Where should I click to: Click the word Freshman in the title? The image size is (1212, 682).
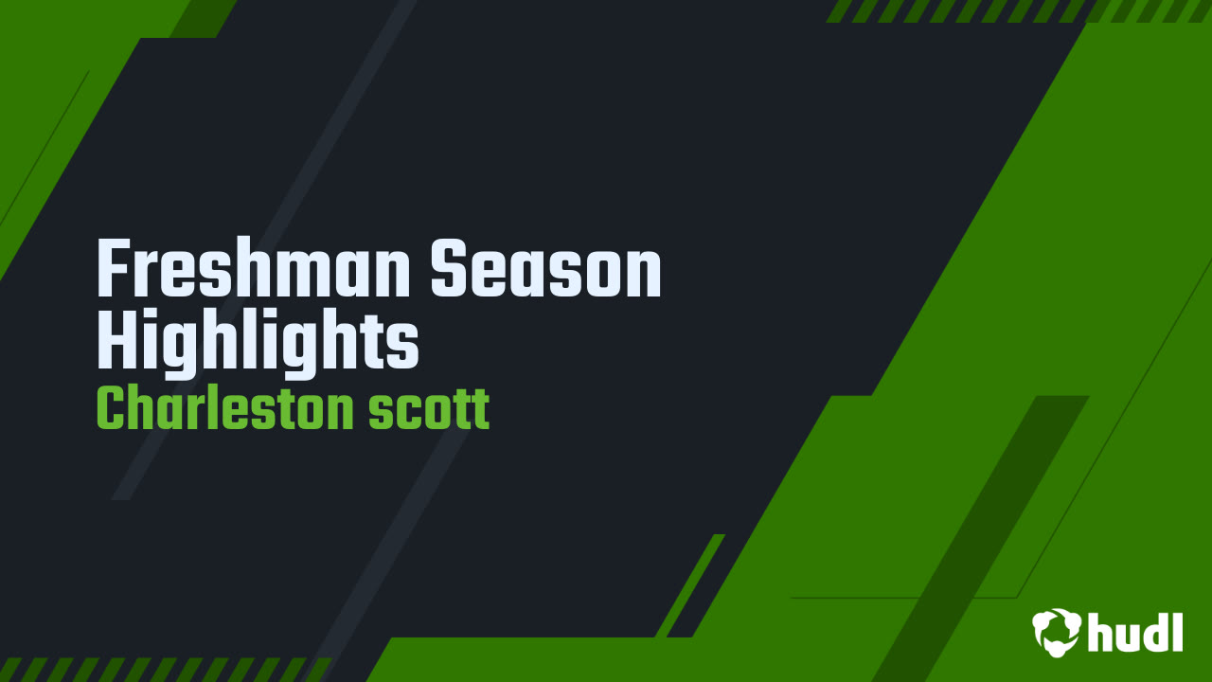click(253, 268)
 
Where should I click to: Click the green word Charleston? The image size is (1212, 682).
click(225, 408)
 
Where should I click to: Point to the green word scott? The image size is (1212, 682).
click(429, 409)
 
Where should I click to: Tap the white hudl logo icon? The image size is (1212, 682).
click(1056, 632)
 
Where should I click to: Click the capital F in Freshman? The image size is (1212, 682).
click(116, 268)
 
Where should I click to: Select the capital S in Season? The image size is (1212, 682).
click(449, 268)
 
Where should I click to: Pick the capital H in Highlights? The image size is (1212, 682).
click(119, 340)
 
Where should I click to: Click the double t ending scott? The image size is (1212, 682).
click(469, 409)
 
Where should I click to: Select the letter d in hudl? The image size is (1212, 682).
click(1154, 632)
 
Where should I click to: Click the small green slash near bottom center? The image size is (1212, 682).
click(690, 585)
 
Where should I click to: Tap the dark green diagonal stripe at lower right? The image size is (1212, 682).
click(980, 539)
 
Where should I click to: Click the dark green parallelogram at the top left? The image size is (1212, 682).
click(204, 19)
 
